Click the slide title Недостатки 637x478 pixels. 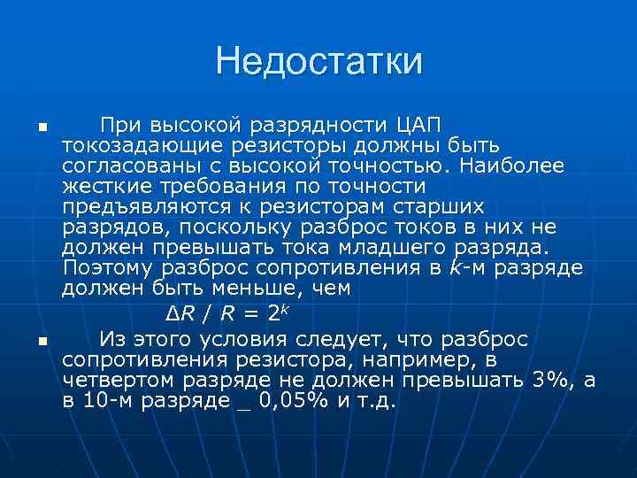coord(318,61)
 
